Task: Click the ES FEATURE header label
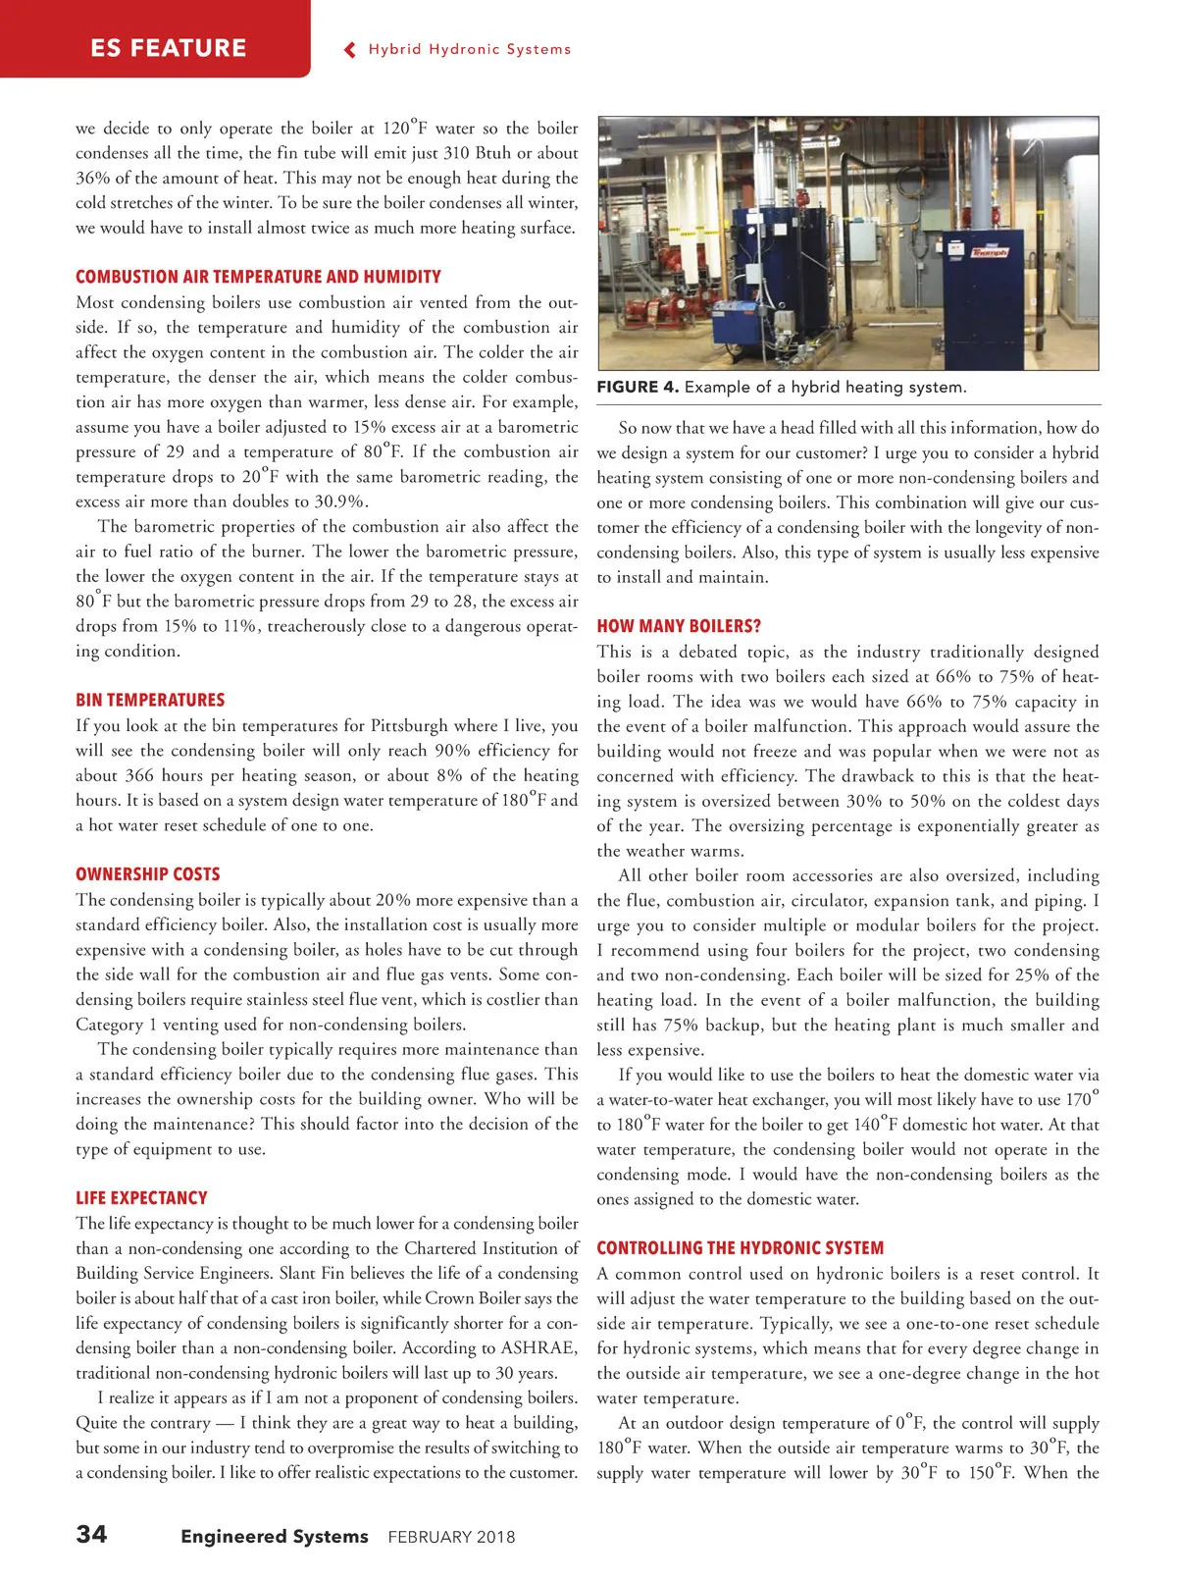168,48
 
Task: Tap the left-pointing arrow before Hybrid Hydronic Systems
350,50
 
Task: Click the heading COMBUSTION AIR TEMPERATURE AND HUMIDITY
258,277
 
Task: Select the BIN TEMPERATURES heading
150,700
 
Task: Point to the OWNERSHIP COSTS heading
147,873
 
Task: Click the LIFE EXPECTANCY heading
141,1197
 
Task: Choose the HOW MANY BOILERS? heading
679,626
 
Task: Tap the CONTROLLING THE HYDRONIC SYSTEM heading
740,1247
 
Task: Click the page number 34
92,1534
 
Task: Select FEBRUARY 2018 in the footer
451,1537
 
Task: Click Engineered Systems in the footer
275,1537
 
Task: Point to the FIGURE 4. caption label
638,387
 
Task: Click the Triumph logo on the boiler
989,252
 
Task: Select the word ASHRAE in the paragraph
538,1347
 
